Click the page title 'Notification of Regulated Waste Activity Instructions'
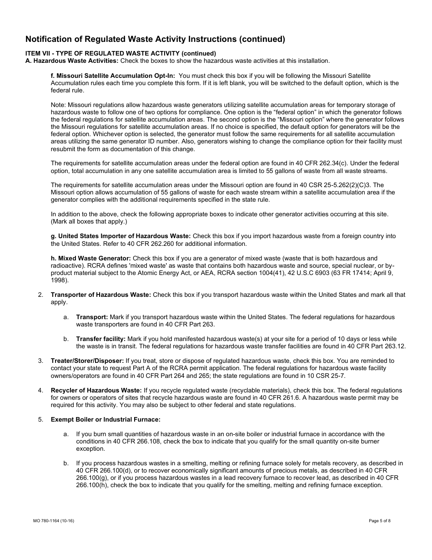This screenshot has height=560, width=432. click(x=155, y=39)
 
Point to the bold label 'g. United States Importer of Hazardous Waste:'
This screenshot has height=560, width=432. click(x=121, y=236)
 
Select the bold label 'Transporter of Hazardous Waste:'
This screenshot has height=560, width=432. click(x=100, y=295)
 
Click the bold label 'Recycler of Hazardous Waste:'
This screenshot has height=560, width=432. click(x=96, y=390)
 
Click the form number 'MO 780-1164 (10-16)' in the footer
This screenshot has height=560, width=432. click(x=50, y=521)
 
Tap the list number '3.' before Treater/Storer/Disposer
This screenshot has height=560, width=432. click(x=41, y=361)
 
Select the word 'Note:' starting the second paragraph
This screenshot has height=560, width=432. click(x=58, y=105)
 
